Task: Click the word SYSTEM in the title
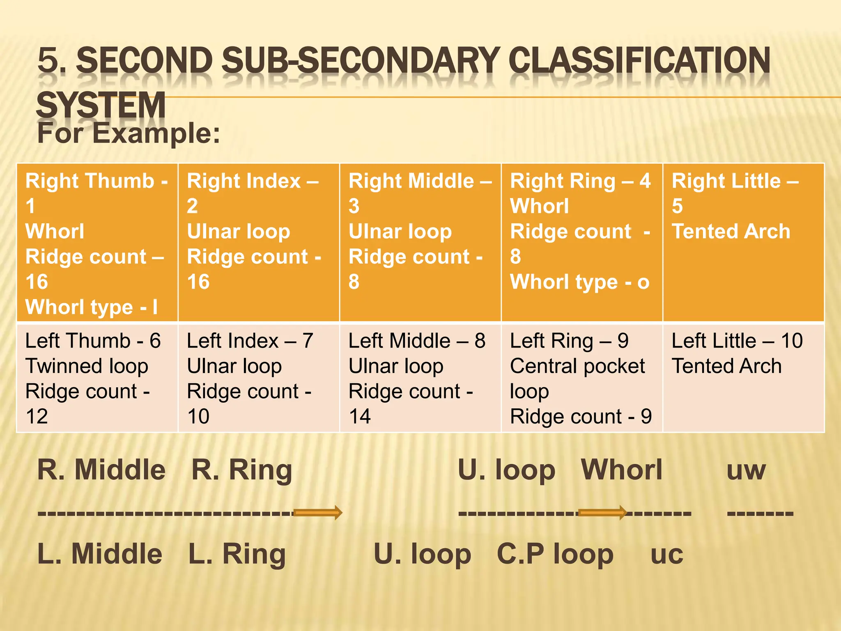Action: point(101,105)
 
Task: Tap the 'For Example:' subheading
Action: point(129,134)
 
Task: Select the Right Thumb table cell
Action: point(97,242)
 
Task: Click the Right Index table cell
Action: point(259,242)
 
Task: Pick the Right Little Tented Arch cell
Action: point(743,242)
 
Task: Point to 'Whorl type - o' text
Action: point(579,282)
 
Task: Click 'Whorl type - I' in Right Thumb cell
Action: point(92,307)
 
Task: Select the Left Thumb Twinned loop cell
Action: point(97,378)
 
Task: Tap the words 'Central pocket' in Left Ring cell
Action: point(577,366)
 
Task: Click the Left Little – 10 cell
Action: point(743,378)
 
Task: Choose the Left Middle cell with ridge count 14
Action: point(420,378)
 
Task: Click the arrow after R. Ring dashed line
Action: point(318,512)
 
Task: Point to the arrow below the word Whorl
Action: point(602,512)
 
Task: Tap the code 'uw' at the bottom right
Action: point(746,470)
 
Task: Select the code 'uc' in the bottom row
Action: point(667,555)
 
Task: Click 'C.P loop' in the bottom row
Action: point(555,555)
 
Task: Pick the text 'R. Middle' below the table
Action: point(101,470)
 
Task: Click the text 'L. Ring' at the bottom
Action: point(237,555)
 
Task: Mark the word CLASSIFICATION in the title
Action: point(639,61)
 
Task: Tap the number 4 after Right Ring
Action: point(645,181)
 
